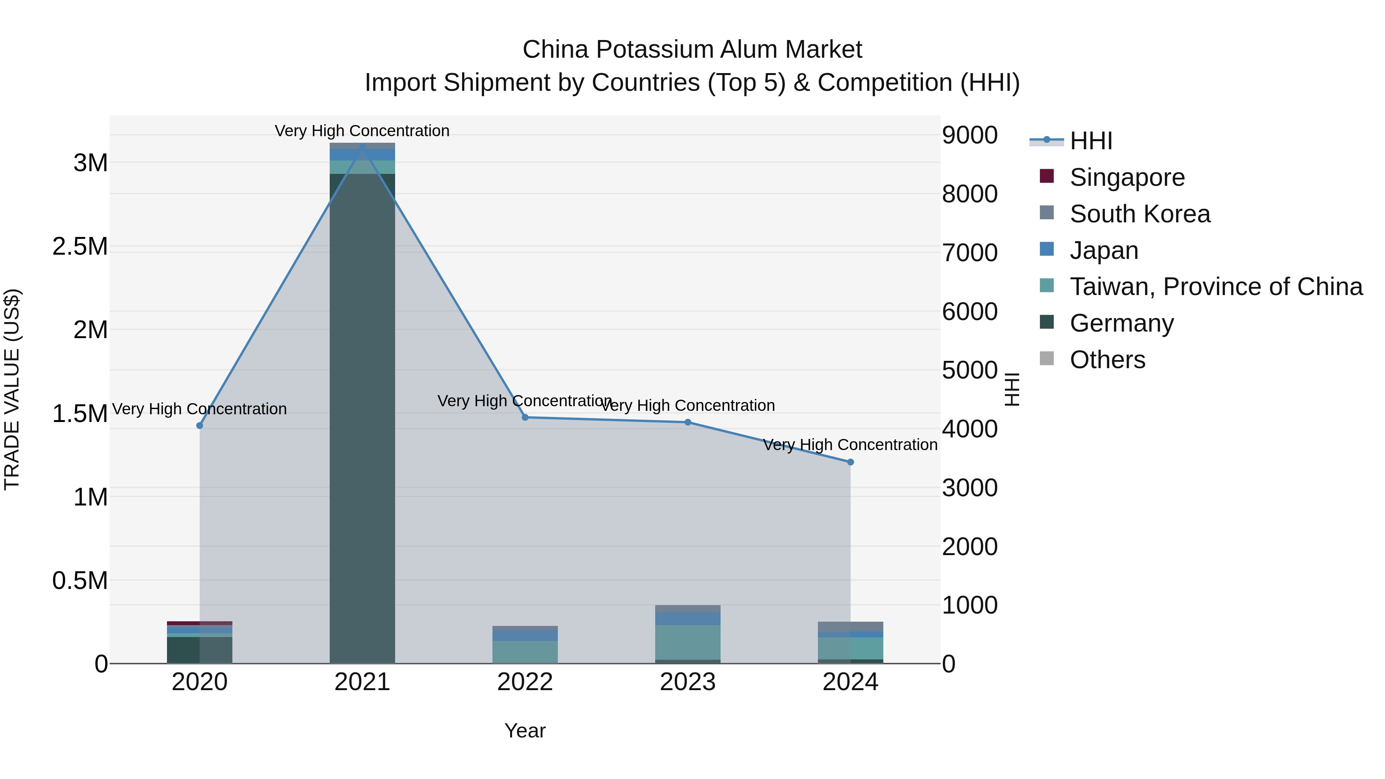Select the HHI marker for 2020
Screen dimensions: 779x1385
tap(199, 425)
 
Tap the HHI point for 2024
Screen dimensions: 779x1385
tap(850, 462)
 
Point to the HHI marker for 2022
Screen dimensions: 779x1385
tap(525, 417)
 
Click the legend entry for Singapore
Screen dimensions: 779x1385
tap(1127, 177)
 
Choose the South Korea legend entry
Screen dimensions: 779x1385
tap(1140, 214)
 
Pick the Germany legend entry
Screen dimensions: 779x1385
tap(1121, 323)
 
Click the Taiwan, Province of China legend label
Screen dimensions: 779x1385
tap(1216, 287)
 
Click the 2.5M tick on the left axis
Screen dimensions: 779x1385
tap(80, 247)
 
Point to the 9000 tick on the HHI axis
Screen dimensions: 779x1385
tap(969, 135)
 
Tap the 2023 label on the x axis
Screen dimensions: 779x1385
tap(687, 682)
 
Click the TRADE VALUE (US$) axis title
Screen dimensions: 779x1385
tap(12, 389)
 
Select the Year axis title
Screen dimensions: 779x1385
tap(525, 731)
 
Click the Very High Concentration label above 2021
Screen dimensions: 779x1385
tap(362, 131)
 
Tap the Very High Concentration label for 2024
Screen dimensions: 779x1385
tap(850, 445)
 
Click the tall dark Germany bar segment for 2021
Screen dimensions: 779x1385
tap(362, 419)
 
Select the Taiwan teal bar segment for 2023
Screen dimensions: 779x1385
tap(687, 642)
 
